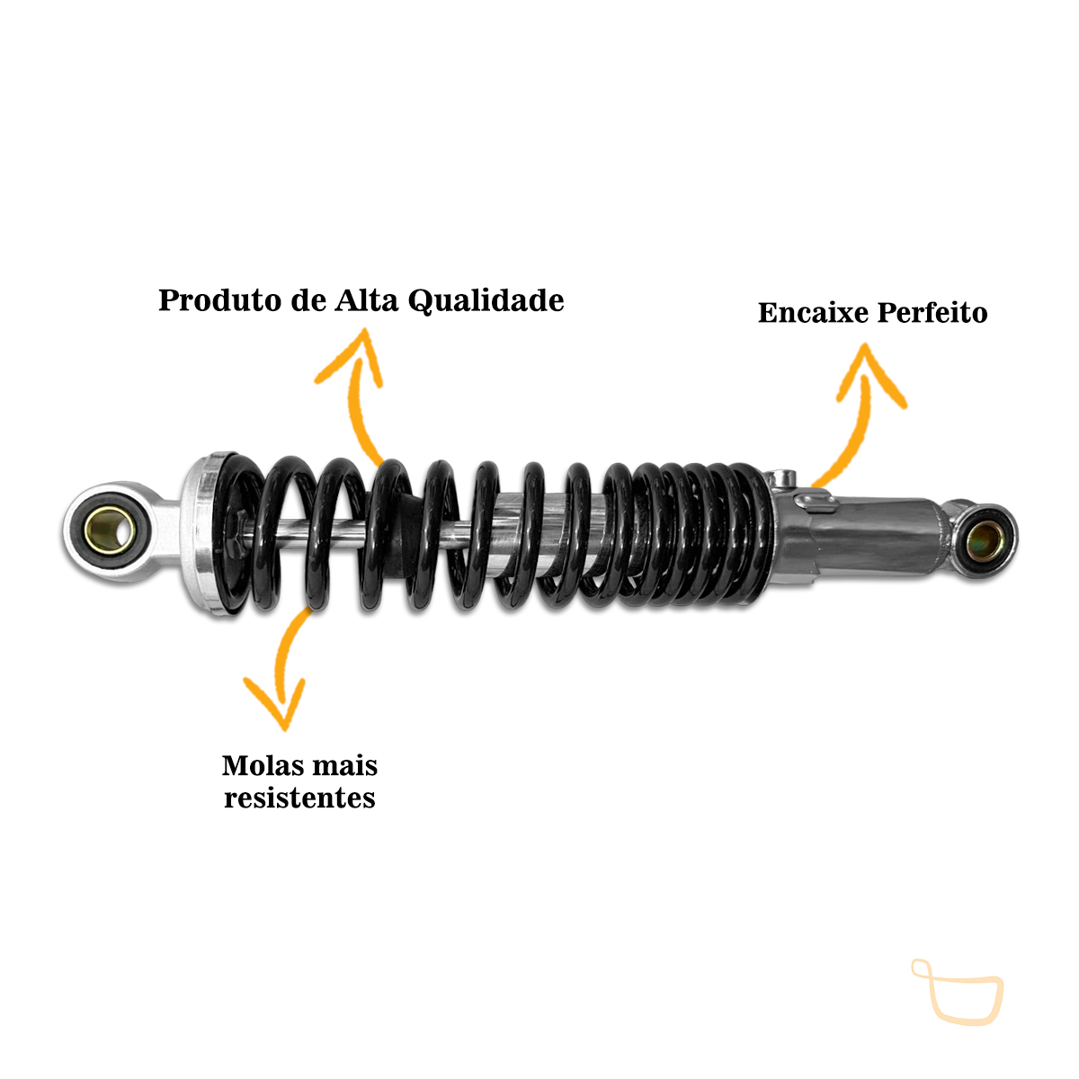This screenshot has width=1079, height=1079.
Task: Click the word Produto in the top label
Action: pyautogui.click(x=220, y=300)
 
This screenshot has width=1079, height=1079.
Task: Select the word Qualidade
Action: pyautogui.click(x=486, y=301)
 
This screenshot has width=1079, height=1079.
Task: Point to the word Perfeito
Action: pyautogui.click(x=932, y=312)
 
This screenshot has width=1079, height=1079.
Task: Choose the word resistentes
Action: pyautogui.click(x=299, y=798)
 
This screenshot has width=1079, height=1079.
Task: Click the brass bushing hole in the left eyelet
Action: pyautogui.click(x=110, y=530)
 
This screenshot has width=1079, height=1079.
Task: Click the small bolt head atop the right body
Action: pyautogui.click(x=781, y=477)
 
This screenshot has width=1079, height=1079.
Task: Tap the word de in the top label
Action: pyautogui.click(x=308, y=300)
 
